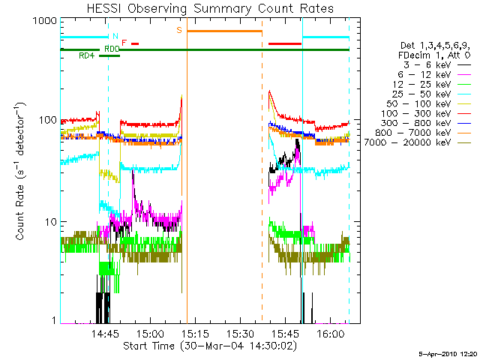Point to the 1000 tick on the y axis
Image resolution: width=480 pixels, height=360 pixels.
click(x=46, y=22)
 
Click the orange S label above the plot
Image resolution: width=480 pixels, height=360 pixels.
click(x=178, y=30)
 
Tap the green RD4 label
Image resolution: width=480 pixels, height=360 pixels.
click(x=87, y=55)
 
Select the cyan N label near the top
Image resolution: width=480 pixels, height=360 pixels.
click(x=115, y=36)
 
